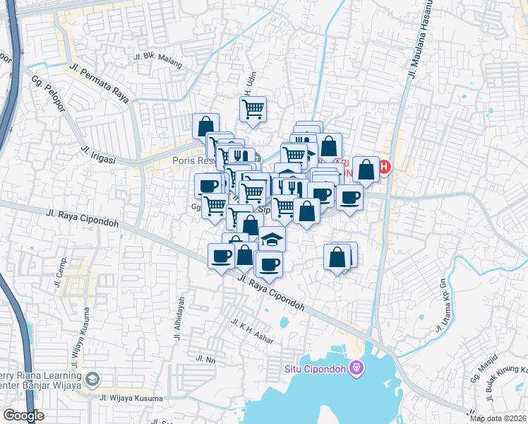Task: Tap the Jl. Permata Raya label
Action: coord(104,83)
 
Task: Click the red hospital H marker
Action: coord(384,167)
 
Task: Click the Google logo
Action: coord(24,416)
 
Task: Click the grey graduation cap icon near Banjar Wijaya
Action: coord(92,381)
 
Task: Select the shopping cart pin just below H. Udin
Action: coord(253,109)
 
